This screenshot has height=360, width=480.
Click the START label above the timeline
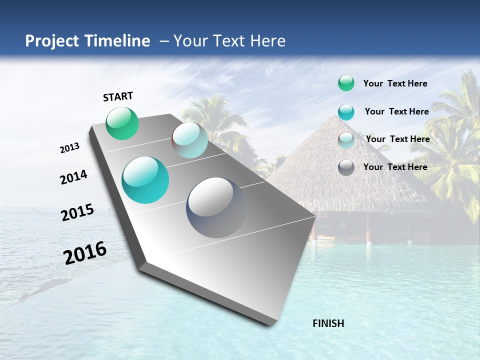pyautogui.click(x=118, y=96)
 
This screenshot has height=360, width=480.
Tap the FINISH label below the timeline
pyautogui.click(x=328, y=323)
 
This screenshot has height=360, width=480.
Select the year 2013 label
pyautogui.click(x=70, y=148)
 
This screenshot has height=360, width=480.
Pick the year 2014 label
pyautogui.click(x=74, y=177)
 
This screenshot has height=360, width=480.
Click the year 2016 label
pyautogui.click(x=85, y=253)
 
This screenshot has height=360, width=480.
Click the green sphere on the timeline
pyautogui.click(x=122, y=123)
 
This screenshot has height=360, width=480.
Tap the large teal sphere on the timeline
pyautogui.click(x=145, y=180)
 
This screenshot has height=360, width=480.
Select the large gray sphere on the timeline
pyautogui.click(x=216, y=207)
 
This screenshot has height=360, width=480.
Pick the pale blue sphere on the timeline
pyautogui.click(x=189, y=140)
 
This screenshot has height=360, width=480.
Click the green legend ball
pyautogui.click(x=346, y=83)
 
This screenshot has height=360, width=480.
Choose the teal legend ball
pyautogui.click(x=346, y=112)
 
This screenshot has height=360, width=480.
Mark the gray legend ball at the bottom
pyautogui.click(x=346, y=167)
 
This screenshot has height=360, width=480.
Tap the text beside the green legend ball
pyautogui.click(x=395, y=84)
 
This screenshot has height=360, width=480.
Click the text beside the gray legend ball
pyautogui.click(x=395, y=167)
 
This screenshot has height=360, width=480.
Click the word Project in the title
pyautogui.click(x=52, y=41)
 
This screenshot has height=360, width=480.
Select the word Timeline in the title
pyautogui.click(x=117, y=41)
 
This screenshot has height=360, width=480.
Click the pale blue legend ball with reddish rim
pyautogui.click(x=346, y=139)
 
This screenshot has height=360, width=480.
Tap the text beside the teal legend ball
pyautogui.click(x=396, y=111)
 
